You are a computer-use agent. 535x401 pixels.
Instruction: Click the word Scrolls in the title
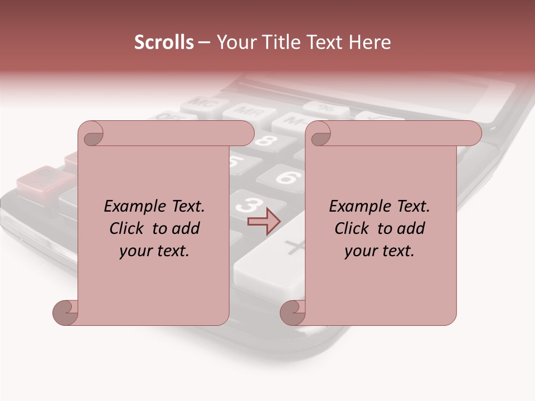[164, 42]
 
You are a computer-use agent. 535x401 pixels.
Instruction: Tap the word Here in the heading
[370, 42]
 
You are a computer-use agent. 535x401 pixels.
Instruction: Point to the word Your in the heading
[236, 42]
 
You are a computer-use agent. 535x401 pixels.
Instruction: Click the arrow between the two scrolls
[264, 221]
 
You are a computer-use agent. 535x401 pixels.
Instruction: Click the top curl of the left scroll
[93, 134]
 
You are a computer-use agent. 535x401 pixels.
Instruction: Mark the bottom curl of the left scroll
[66, 312]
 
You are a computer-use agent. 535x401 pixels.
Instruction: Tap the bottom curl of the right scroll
[293, 312]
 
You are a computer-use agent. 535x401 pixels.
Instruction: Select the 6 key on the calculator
[285, 178]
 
